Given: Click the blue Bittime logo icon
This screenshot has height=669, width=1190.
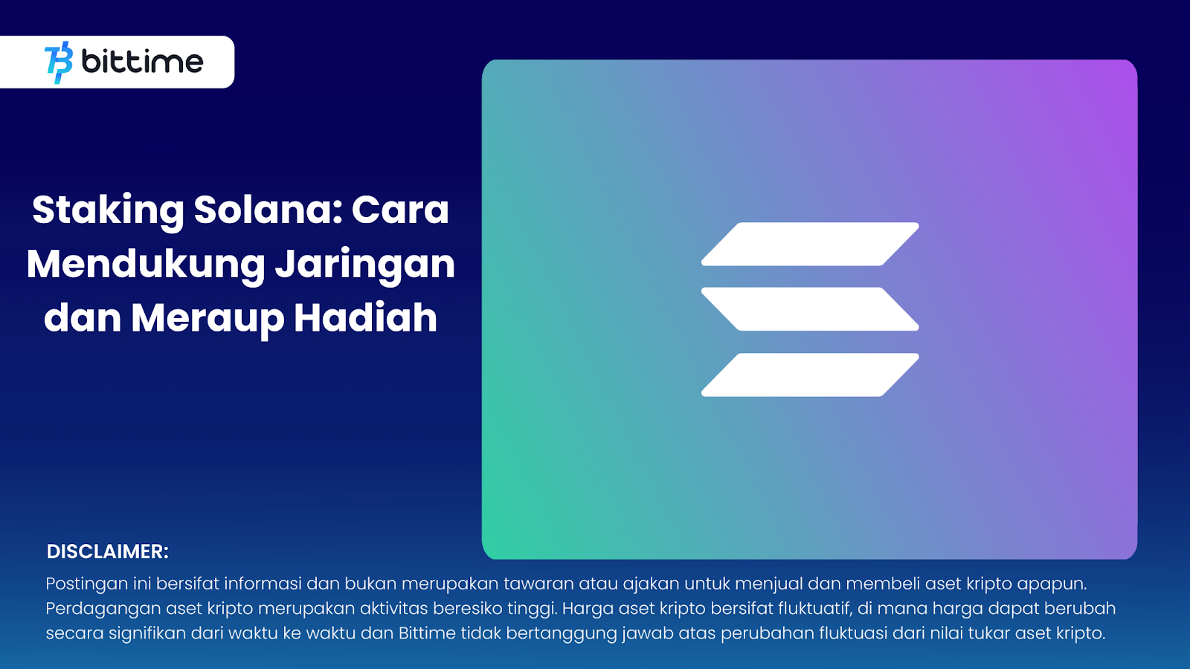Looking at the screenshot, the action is click(x=59, y=62).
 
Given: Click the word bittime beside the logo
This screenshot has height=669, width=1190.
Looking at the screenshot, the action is click(x=142, y=62).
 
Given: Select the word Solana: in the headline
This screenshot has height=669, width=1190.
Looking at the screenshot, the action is click(x=267, y=210).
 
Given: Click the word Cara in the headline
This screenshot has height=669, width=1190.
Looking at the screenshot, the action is click(x=400, y=210).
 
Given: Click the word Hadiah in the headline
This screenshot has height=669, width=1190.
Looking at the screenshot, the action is click(x=365, y=317).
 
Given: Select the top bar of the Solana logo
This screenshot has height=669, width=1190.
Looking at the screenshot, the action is click(x=810, y=245).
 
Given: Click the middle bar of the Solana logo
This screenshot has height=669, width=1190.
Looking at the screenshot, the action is click(x=810, y=309).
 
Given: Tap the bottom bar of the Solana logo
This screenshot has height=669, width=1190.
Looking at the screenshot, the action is click(x=810, y=375).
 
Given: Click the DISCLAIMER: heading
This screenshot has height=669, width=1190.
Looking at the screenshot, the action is click(x=107, y=552).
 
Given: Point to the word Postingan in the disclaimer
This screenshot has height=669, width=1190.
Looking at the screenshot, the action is click(x=86, y=584).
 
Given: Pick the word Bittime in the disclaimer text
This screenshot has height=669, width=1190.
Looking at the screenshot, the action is click(x=427, y=633).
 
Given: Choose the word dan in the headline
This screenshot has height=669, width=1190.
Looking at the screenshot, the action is click(x=83, y=317).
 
